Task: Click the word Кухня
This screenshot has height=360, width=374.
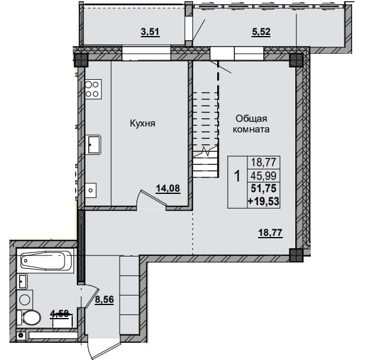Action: [143, 124]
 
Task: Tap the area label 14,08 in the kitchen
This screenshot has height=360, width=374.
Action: [168, 189]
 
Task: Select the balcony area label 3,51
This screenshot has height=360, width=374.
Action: [150, 32]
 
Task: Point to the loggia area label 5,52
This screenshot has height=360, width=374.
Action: [261, 32]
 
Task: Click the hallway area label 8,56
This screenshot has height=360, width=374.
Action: [105, 299]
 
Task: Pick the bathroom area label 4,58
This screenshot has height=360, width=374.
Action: [60, 313]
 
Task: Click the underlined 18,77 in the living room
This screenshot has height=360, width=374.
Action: [270, 232]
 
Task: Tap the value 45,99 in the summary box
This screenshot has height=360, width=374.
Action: [263, 176]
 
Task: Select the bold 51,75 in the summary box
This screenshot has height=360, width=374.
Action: [263, 189]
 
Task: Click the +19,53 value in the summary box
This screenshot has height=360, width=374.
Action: [263, 202]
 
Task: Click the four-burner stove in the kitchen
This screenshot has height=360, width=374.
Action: [93, 89]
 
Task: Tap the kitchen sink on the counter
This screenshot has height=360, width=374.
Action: [93, 145]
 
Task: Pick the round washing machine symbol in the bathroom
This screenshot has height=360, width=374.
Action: [25, 299]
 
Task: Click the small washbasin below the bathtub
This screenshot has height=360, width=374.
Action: [23, 281]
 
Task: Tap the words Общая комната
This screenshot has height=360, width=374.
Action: [251, 124]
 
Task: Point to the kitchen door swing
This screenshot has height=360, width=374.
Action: [151, 198]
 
